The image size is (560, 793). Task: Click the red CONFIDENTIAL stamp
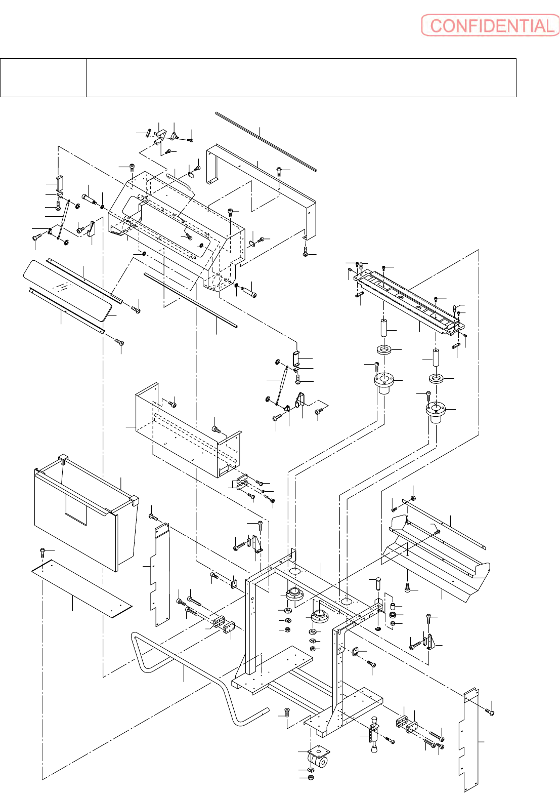tap(490, 25)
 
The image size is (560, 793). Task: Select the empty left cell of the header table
tap(44, 77)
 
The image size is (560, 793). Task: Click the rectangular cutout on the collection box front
tap(76, 510)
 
